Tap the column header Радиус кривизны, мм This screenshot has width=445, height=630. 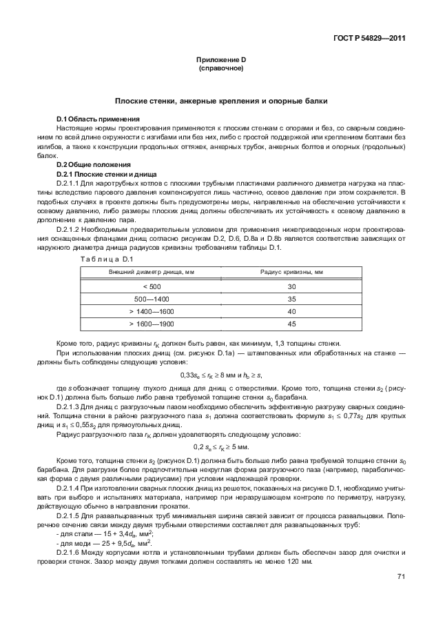click(x=291, y=273)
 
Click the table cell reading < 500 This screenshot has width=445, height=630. click(x=152, y=286)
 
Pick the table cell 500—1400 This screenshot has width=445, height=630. click(x=152, y=299)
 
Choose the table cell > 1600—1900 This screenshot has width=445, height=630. click(x=152, y=324)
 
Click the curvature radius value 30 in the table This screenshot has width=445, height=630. click(x=291, y=286)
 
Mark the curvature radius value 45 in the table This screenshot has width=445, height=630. click(x=291, y=324)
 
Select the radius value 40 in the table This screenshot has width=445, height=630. click(x=291, y=311)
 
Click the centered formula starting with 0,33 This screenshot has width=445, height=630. click(x=221, y=375)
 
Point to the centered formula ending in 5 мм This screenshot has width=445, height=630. click(x=221, y=449)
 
